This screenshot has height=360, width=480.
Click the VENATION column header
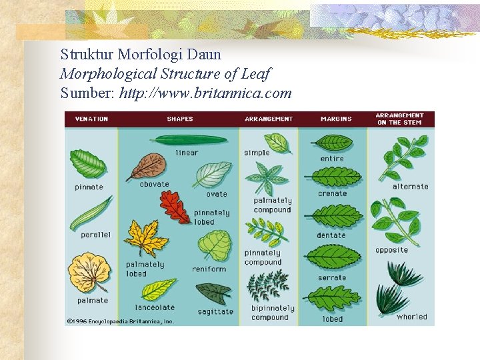click(91, 119)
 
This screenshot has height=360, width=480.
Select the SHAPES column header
click(179, 119)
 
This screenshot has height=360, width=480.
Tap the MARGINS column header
click(335, 119)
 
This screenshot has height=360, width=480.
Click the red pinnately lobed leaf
click(175, 207)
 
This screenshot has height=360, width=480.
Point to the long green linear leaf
click(188, 140)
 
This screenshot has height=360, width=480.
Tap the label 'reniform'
click(209, 269)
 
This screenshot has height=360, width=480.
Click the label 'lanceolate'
click(155, 308)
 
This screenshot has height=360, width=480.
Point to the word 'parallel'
click(95, 235)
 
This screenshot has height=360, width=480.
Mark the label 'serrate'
click(332, 278)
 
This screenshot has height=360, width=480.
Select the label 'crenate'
click(332, 194)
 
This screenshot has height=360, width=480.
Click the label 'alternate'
click(410, 187)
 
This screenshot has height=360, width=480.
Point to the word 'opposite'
click(391, 250)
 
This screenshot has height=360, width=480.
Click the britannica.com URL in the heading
click(205, 93)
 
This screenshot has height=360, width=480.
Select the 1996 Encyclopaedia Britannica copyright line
click(120, 321)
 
